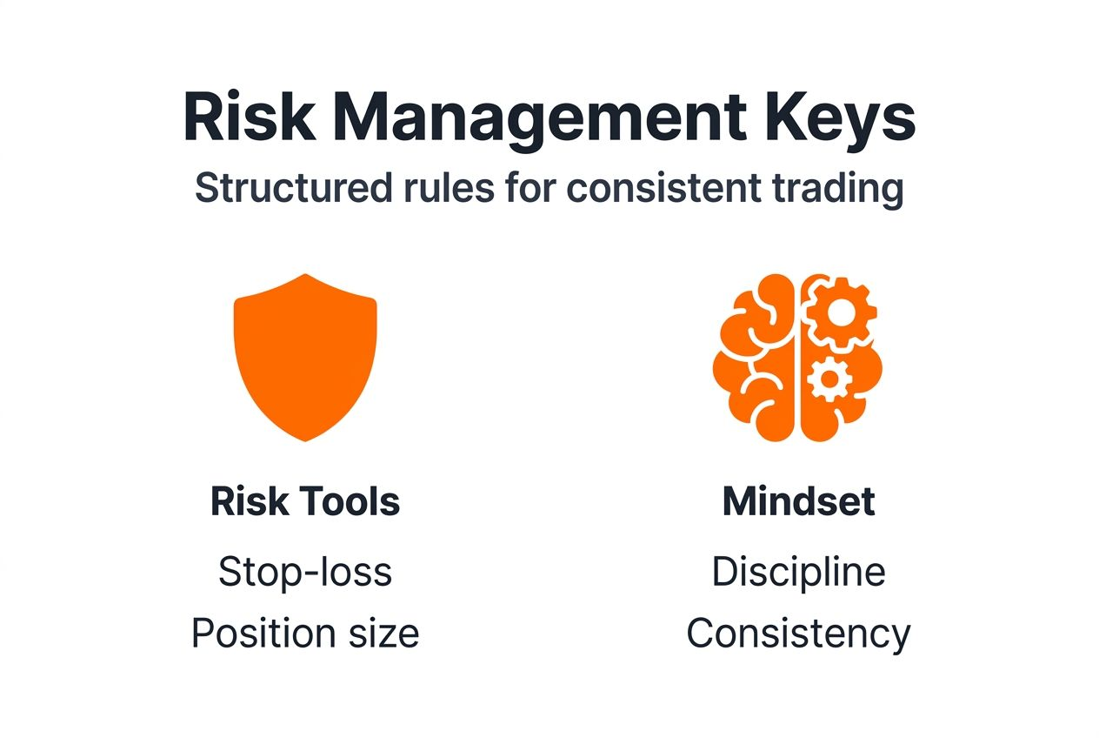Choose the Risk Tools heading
click(x=305, y=502)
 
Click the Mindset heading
click(x=798, y=502)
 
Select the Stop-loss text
click(x=305, y=572)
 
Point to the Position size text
click(x=305, y=634)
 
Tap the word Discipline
click(x=798, y=572)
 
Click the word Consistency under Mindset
click(x=798, y=634)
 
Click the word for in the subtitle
click(x=524, y=189)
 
